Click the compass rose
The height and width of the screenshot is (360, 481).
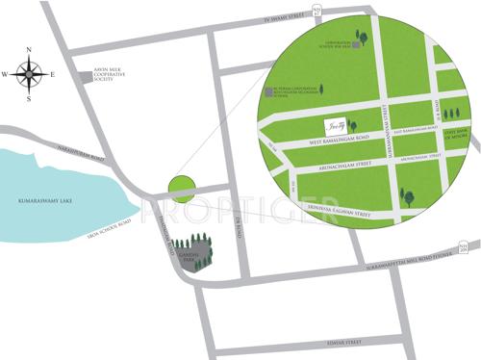click(29, 73)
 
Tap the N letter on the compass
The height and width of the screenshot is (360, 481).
click(29, 51)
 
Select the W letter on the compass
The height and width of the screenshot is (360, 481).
click(6, 73)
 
